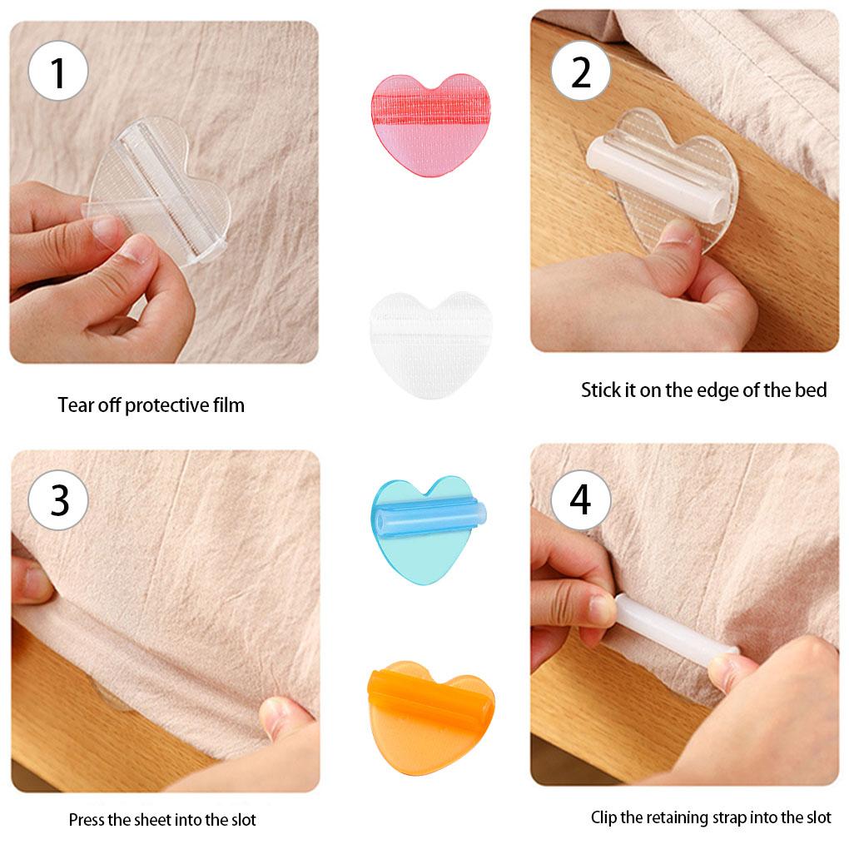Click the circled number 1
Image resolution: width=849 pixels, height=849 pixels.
click(x=58, y=72)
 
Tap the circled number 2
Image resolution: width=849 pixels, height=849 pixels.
click(x=581, y=72)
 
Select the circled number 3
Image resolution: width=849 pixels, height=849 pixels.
click(x=58, y=499)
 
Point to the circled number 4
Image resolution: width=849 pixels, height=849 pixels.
click(x=581, y=499)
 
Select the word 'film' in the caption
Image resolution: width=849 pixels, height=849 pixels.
click(x=227, y=405)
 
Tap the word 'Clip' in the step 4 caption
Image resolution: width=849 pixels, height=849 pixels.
click(x=604, y=817)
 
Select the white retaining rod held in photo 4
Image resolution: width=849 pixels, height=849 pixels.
click(x=674, y=628)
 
